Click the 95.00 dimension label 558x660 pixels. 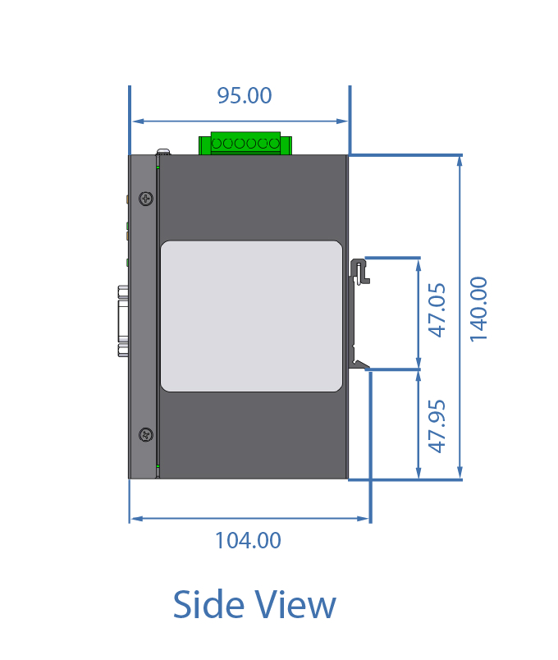(244, 95)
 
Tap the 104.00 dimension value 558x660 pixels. (248, 540)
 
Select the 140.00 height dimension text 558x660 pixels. (478, 309)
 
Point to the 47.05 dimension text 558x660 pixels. (437, 310)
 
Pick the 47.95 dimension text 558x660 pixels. (437, 426)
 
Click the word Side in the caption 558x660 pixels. (209, 604)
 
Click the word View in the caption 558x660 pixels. (297, 604)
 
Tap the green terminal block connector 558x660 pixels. (245, 143)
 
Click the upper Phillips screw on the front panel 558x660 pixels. (146, 199)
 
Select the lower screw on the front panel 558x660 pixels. (146, 435)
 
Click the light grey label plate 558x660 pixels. (251, 316)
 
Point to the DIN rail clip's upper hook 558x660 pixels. (359, 271)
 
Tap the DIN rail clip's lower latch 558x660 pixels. (359, 364)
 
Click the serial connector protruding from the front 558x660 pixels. (123, 321)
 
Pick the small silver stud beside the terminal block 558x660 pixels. (163, 152)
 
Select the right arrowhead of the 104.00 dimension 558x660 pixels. (364, 519)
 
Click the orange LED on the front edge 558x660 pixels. (127, 199)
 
